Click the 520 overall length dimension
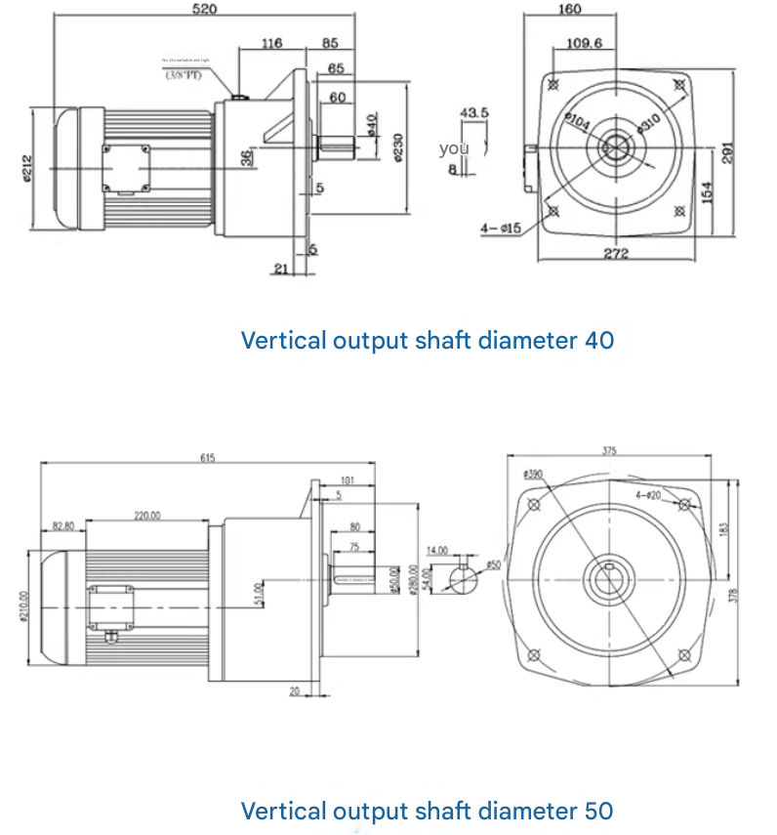coord(205,9)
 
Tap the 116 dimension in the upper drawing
coord(271,43)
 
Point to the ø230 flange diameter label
coord(398,146)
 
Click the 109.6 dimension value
coord(585,43)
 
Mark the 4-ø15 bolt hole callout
coord(502,229)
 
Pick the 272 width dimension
coord(615,254)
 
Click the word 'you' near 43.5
coord(454,148)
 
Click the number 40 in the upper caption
coord(599,341)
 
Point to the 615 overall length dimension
coord(207,457)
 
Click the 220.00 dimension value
coord(147,516)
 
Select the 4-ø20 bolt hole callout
coord(648,495)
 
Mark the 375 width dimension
coord(610,451)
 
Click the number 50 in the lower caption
coord(599,811)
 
